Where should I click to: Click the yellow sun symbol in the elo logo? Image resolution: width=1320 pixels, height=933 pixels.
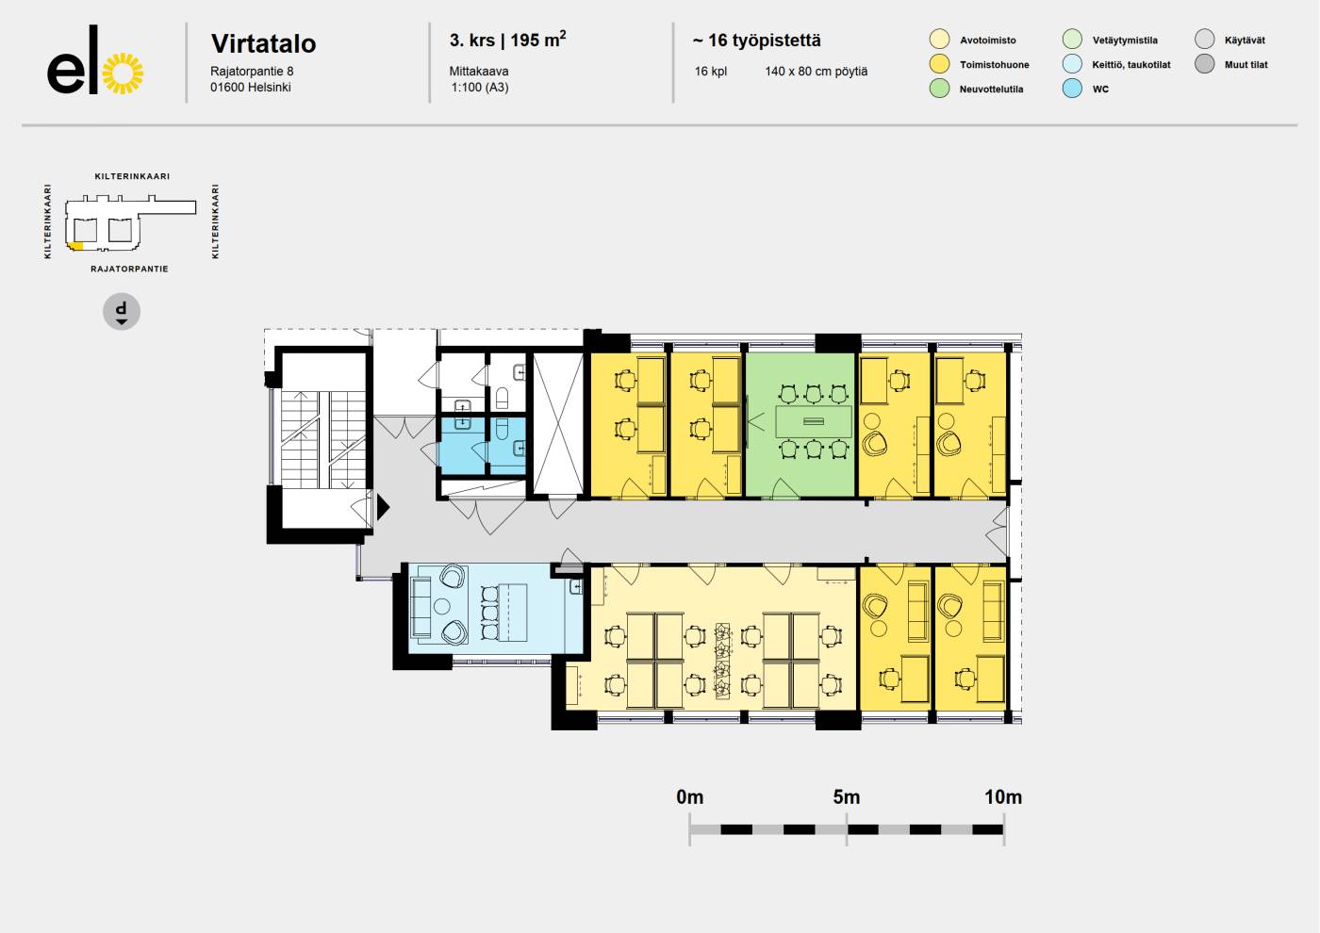123,74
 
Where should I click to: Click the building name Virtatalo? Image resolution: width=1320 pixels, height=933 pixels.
263,43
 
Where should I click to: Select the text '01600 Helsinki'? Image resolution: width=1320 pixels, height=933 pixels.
251,87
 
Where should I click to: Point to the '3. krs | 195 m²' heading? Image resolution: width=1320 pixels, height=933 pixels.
507,40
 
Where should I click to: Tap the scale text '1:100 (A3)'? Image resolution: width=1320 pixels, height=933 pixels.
480,87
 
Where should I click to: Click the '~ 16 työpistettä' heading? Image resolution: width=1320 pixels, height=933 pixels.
756,40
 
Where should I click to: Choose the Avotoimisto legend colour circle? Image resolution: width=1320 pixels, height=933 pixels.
939,40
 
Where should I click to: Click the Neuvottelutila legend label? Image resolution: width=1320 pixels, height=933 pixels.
991,89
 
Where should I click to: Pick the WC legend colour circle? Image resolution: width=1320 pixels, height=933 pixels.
1072,89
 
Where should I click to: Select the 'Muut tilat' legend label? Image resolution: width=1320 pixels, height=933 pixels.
1246,65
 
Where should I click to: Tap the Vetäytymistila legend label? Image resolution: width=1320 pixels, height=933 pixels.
1125,40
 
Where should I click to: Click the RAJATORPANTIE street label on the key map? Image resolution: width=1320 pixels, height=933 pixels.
130,269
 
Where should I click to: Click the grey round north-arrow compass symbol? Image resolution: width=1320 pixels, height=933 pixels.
122,312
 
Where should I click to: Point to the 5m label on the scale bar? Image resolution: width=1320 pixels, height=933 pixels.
847,797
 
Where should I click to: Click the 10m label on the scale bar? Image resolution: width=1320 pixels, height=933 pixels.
1003,797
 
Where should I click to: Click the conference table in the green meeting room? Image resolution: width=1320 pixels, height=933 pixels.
814,421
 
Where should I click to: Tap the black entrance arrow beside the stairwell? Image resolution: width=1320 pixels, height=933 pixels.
383,507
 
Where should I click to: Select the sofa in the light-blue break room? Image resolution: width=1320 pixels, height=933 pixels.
421,607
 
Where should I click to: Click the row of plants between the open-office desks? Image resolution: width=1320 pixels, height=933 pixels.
722,661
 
